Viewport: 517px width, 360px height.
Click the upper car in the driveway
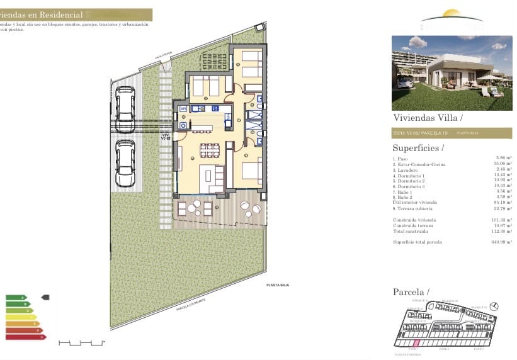coord(125,104)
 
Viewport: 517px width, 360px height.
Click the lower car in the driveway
coord(125,162)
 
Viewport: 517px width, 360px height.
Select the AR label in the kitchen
coord(183,109)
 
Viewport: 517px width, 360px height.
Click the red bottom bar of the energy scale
coord(26,337)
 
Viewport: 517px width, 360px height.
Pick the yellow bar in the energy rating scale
coord(21,317)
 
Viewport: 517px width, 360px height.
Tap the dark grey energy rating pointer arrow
coord(45,296)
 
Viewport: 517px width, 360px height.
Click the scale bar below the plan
coord(81,343)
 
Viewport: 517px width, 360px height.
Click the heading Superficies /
coord(418,149)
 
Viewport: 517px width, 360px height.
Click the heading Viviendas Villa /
coord(428,118)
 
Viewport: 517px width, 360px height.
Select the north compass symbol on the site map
coord(494,306)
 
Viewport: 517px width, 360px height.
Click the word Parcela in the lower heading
coord(408,292)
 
